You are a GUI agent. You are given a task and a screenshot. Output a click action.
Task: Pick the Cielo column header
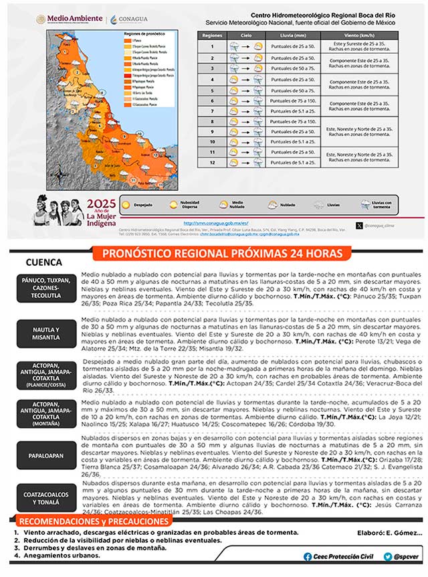pyautogui.click(x=247, y=34)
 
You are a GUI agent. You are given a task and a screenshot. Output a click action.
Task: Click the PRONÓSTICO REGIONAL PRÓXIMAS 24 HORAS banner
pyautogui.click(x=221, y=254)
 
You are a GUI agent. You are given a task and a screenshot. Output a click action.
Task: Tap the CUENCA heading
pyautogui.click(x=43, y=263)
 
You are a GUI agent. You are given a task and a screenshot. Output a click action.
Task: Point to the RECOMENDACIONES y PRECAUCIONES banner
pyautogui.click(x=94, y=521)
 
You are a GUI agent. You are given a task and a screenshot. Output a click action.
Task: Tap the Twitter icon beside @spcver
pyautogui.click(x=388, y=557)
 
